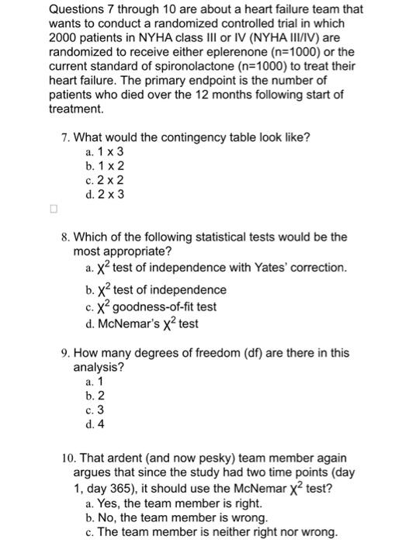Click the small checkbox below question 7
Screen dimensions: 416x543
point(53,209)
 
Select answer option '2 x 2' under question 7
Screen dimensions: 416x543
point(102,180)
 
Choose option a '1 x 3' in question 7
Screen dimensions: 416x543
point(102,152)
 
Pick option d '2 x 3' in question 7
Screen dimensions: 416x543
point(102,194)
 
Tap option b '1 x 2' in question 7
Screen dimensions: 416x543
point(102,166)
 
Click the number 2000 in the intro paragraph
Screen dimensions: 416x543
point(63,38)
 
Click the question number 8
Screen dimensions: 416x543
point(64,237)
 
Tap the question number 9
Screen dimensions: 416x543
point(64,353)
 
